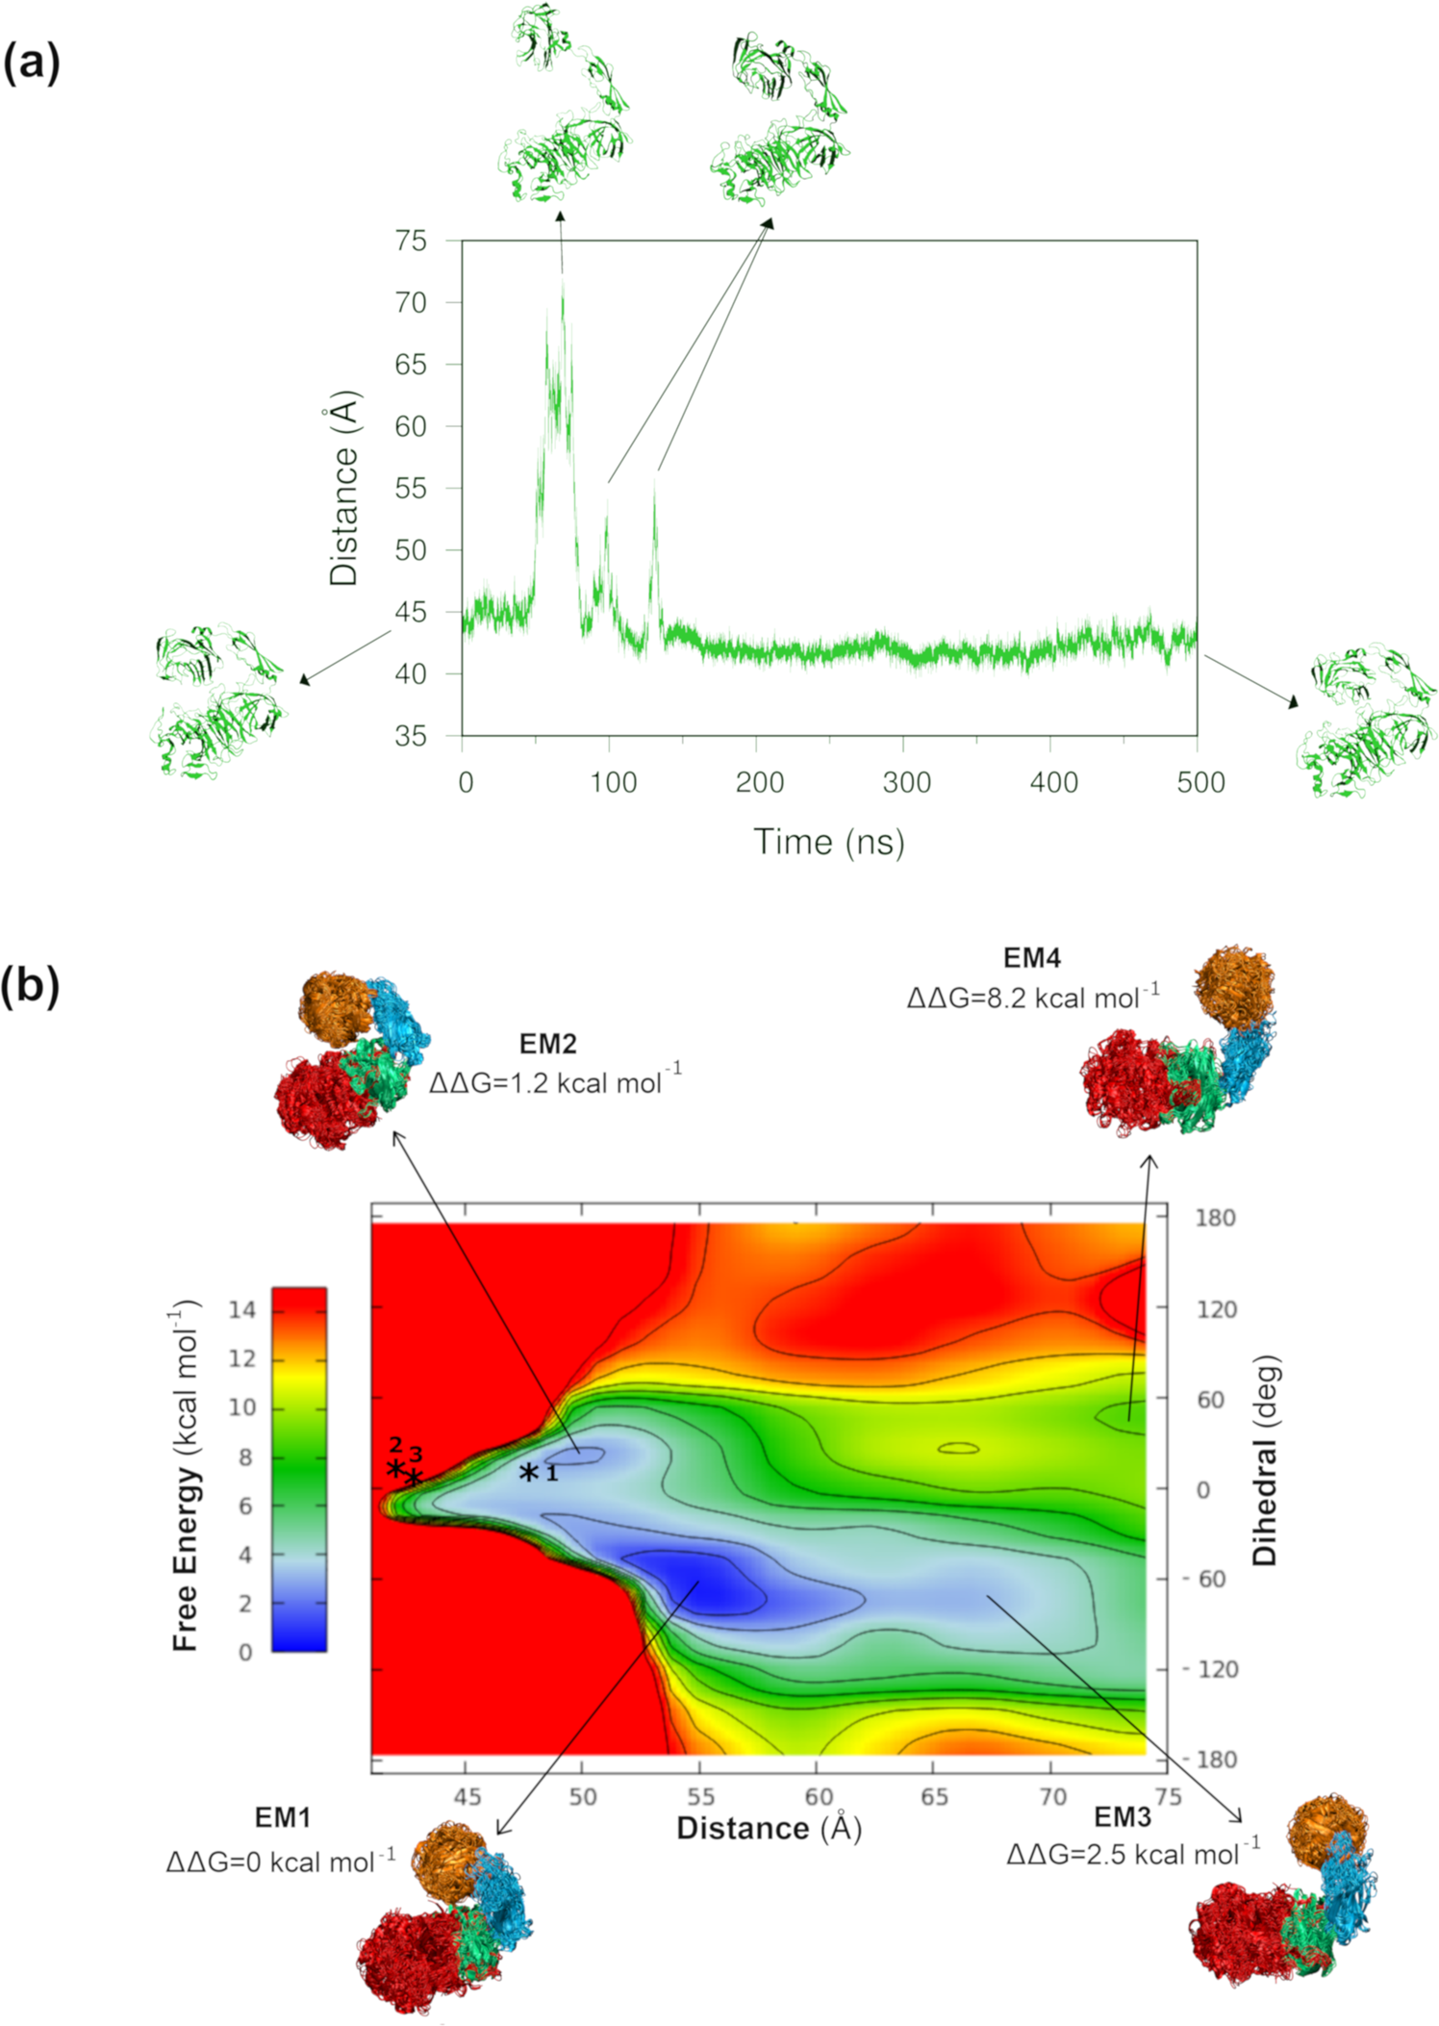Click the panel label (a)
31,63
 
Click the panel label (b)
31,985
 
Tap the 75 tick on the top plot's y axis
411,241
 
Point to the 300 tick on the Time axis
906,782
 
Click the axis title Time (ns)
828,842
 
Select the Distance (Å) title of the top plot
343,488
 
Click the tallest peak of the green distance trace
563,279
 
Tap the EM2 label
547,1044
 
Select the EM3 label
1122,1817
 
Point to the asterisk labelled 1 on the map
528,1472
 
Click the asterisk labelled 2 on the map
394,1468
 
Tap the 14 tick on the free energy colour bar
242,1309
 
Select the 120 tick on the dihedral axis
1216,1309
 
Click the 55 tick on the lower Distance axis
700,1797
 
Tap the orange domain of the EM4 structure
1234,983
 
